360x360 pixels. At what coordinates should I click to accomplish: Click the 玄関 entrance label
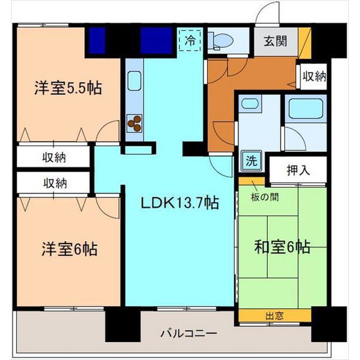pyautogui.click(x=275, y=42)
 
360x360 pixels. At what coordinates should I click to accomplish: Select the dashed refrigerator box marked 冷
pyautogui.click(x=190, y=40)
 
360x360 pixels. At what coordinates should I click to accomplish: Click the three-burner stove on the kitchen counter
pyautogui.click(x=134, y=123)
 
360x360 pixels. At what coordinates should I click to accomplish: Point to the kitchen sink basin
pyautogui.click(x=134, y=81)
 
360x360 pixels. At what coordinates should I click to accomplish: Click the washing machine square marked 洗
pyautogui.click(x=251, y=160)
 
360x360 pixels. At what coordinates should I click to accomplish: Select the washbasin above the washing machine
pyautogui.click(x=250, y=103)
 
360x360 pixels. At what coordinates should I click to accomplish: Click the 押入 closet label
pyautogui.click(x=298, y=170)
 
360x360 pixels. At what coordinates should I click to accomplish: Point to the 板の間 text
pyautogui.click(x=265, y=197)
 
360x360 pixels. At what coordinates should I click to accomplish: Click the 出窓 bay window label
pyautogui.click(x=274, y=316)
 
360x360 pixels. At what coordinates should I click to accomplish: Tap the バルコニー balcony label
pyautogui.click(x=188, y=333)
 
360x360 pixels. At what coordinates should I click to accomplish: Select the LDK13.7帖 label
pyautogui.click(x=179, y=202)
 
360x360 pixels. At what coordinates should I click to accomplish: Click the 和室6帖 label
pyautogui.click(x=282, y=247)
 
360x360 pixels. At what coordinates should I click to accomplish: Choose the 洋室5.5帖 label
pyautogui.click(x=68, y=88)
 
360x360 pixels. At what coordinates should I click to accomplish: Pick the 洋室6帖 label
pyautogui.click(x=69, y=249)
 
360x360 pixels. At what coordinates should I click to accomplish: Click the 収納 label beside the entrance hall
pyautogui.click(x=314, y=76)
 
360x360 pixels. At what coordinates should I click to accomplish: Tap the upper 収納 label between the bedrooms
pyautogui.click(x=54, y=157)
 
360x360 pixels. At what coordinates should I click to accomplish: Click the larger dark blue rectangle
pyautogui.click(x=156, y=40)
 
